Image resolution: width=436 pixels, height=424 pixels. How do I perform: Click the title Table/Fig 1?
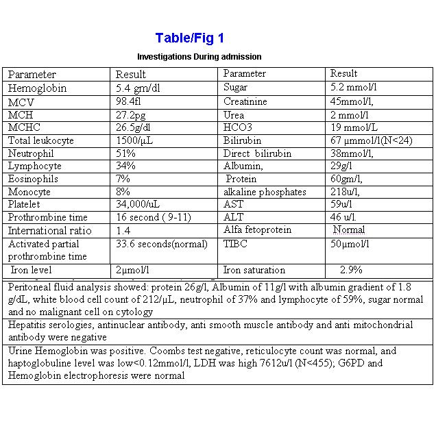point(189,38)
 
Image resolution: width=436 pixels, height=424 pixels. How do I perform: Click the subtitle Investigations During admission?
point(199,56)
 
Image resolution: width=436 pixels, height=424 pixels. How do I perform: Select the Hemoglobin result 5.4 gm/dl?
point(143,88)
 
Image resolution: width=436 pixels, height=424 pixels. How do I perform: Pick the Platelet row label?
point(26,204)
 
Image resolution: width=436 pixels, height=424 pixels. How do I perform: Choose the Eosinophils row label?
point(33,179)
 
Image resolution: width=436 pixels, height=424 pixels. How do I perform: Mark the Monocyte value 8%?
point(123,191)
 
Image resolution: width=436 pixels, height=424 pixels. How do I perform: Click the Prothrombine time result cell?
point(153,217)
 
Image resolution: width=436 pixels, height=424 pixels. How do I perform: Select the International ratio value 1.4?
point(123,231)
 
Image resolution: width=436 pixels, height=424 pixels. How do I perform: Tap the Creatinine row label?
point(245,101)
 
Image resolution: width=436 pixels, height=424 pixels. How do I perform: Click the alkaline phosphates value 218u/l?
point(346,191)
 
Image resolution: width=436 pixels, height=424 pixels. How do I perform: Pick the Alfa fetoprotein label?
point(257,230)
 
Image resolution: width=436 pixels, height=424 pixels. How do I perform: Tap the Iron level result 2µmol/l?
point(133,270)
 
